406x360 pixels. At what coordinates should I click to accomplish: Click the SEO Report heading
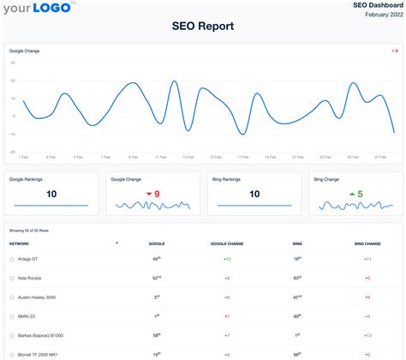pyautogui.click(x=203, y=27)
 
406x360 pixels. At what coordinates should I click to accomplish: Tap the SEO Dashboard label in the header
pyautogui.click(x=377, y=5)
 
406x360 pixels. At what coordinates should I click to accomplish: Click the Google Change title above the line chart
pyautogui.click(x=24, y=51)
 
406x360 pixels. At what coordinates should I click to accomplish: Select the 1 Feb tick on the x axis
pyautogui.click(x=24, y=158)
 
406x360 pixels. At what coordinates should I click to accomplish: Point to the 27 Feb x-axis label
pyautogui.click(x=378, y=158)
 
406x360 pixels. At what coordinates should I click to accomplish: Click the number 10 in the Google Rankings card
pyautogui.click(x=51, y=195)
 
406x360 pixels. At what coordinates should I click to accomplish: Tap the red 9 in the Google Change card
pyautogui.click(x=157, y=195)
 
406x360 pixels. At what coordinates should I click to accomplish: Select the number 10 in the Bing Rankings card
pyautogui.click(x=254, y=195)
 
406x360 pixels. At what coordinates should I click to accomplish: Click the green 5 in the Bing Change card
pyautogui.click(x=360, y=195)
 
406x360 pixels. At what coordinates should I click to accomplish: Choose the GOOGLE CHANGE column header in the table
pyautogui.click(x=227, y=243)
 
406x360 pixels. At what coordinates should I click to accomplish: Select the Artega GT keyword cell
pyautogui.click(x=29, y=258)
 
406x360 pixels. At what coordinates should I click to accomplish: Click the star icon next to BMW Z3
pyautogui.click(x=12, y=316)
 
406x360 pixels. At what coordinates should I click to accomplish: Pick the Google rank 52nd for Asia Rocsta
pyautogui.click(x=157, y=278)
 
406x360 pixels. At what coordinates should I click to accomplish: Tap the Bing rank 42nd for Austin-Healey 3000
pyautogui.click(x=297, y=297)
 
